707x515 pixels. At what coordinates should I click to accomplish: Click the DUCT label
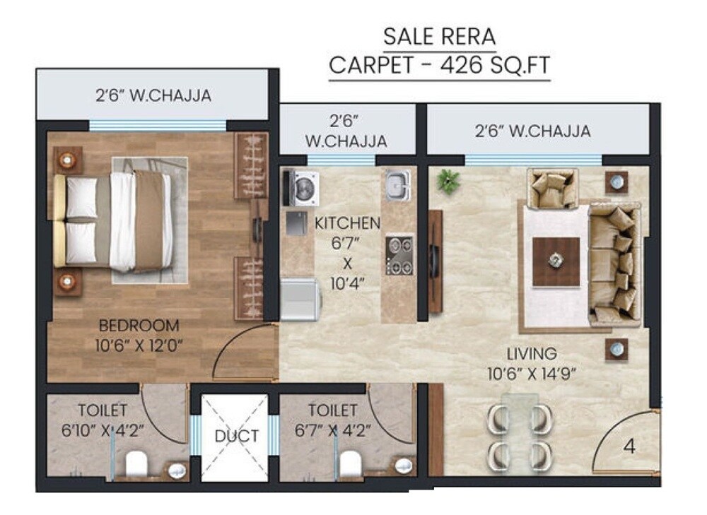[x=237, y=436]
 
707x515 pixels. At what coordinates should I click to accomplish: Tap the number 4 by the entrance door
[x=629, y=447]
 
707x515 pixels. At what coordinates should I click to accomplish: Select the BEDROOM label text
[x=139, y=326]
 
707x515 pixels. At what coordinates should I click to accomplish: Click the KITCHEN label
[x=347, y=224]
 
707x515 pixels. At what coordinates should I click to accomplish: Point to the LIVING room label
[x=532, y=353]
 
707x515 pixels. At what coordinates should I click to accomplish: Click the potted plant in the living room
[x=447, y=182]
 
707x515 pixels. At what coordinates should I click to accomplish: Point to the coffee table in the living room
[x=556, y=261]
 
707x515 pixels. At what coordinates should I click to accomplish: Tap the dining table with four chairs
[x=520, y=433]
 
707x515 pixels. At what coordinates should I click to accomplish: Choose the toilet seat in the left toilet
[x=136, y=464]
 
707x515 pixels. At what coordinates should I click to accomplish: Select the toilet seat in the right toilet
[x=350, y=464]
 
